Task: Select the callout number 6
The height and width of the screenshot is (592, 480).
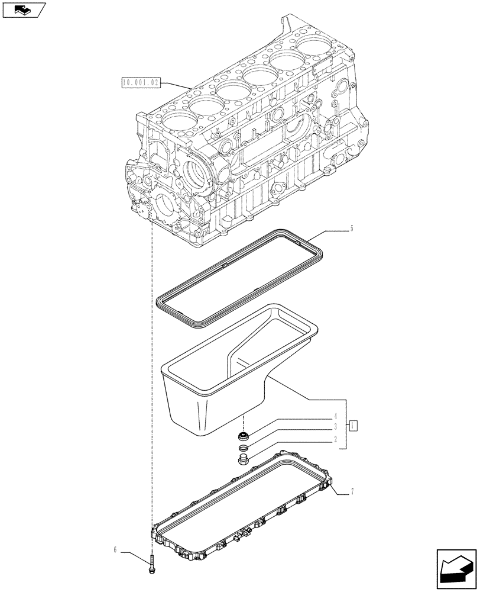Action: point(116,551)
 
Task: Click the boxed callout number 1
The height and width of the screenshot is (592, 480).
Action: point(352,425)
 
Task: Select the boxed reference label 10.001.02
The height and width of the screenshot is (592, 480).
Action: point(140,83)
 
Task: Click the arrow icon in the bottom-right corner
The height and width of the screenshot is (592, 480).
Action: point(456,569)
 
